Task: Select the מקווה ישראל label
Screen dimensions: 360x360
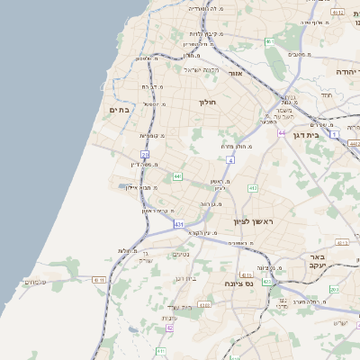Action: [201, 69]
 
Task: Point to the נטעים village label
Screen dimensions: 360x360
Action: [180, 254]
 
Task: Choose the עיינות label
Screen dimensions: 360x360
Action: [168, 318]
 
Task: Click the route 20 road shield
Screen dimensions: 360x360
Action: [145, 155]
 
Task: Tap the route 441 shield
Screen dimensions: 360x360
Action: [178, 176]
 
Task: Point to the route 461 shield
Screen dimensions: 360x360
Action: [269, 41]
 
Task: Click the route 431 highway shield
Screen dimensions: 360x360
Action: [179, 223]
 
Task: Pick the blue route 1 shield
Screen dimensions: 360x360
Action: [334, 134]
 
